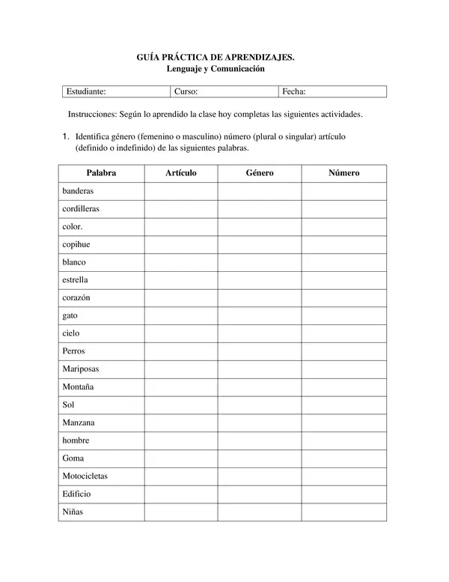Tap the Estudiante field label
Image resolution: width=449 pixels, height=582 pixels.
pyautogui.click(x=86, y=91)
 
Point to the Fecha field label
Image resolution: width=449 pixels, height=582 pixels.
pyautogui.click(x=294, y=91)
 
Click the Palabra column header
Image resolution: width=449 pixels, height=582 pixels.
pyautogui.click(x=101, y=173)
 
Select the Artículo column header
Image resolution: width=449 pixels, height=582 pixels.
pyautogui.click(x=180, y=173)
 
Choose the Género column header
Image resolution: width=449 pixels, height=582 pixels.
pyautogui.click(x=260, y=173)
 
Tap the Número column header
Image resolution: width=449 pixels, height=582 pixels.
pyautogui.click(x=343, y=173)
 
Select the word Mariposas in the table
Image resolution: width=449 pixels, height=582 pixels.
pyautogui.click(x=81, y=369)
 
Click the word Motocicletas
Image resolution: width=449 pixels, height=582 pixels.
pyautogui.click(x=85, y=476)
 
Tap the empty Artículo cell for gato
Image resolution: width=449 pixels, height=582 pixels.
pyautogui.click(x=180, y=315)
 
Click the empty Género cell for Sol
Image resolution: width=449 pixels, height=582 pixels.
pyautogui.click(x=260, y=404)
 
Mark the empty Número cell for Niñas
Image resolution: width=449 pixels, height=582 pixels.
pyautogui.click(x=343, y=512)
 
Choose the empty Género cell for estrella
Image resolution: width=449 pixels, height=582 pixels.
pyautogui.click(x=260, y=280)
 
